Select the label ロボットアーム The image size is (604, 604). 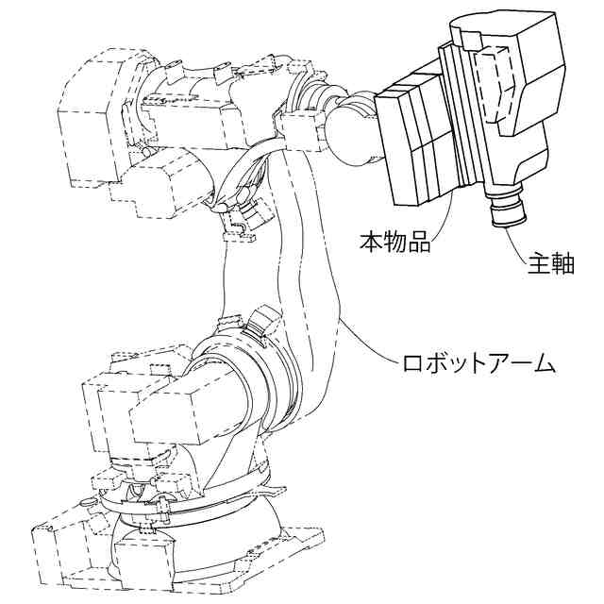click(477, 362)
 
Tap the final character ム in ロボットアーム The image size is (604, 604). click(540, 362)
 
